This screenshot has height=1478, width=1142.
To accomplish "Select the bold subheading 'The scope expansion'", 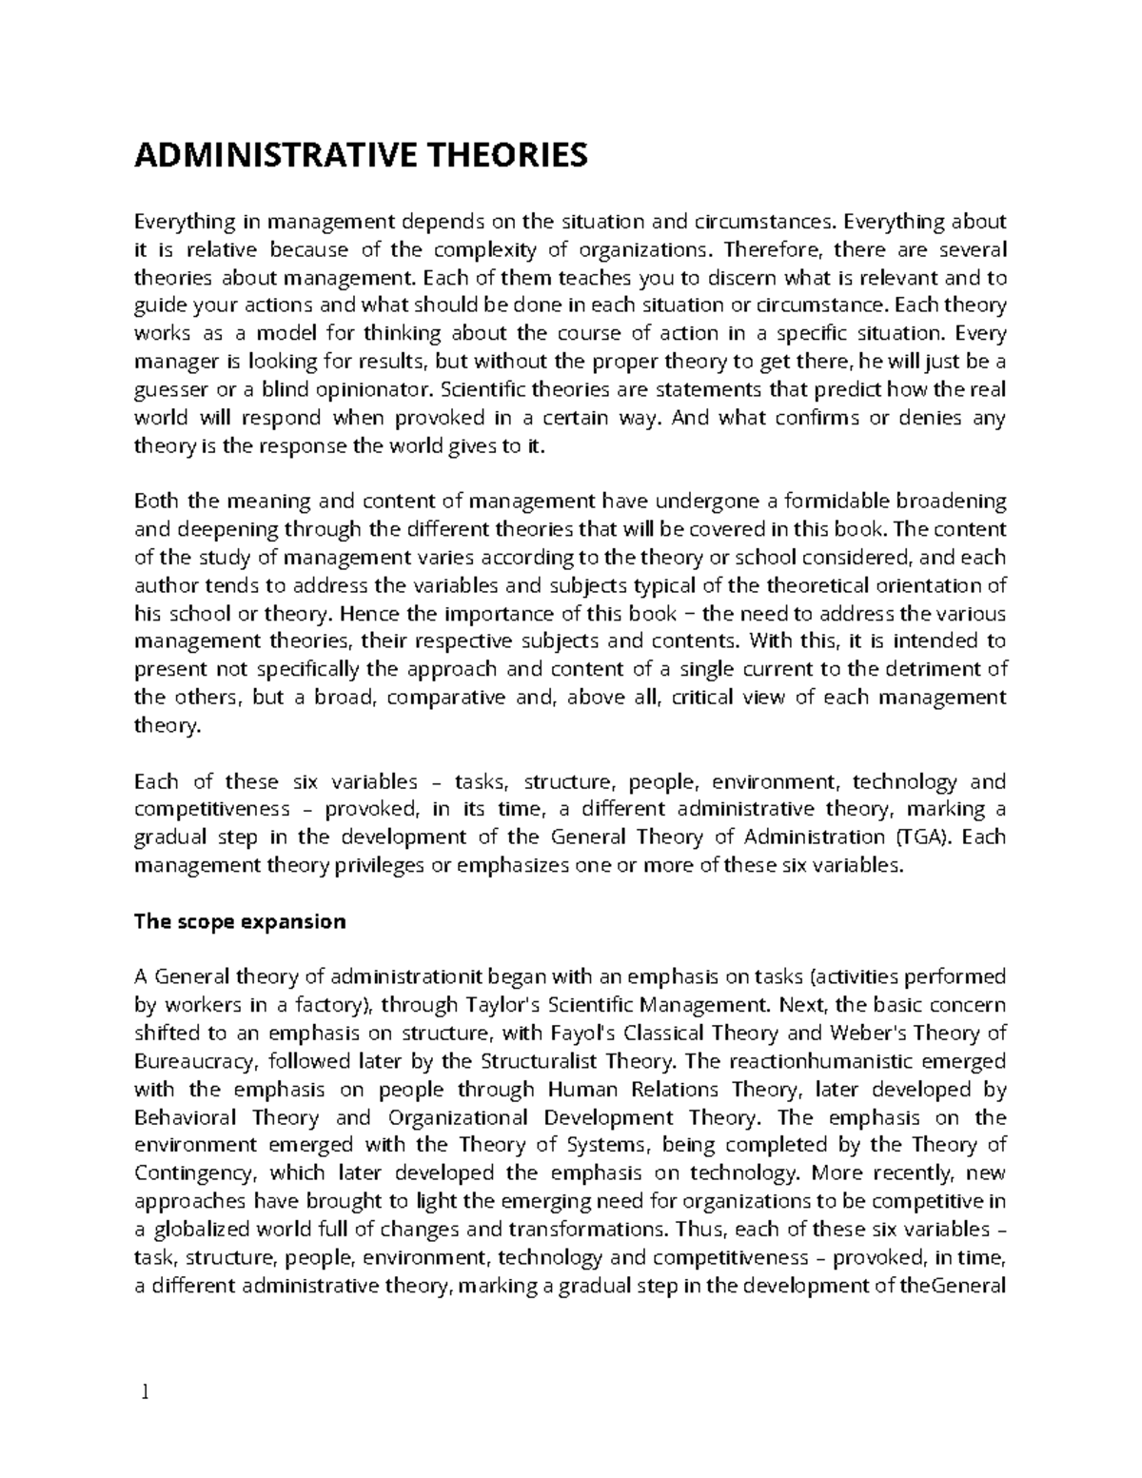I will (240, 921).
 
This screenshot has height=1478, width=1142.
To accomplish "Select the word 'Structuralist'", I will (540, 1061).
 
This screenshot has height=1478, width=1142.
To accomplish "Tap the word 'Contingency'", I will (195, 1173).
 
